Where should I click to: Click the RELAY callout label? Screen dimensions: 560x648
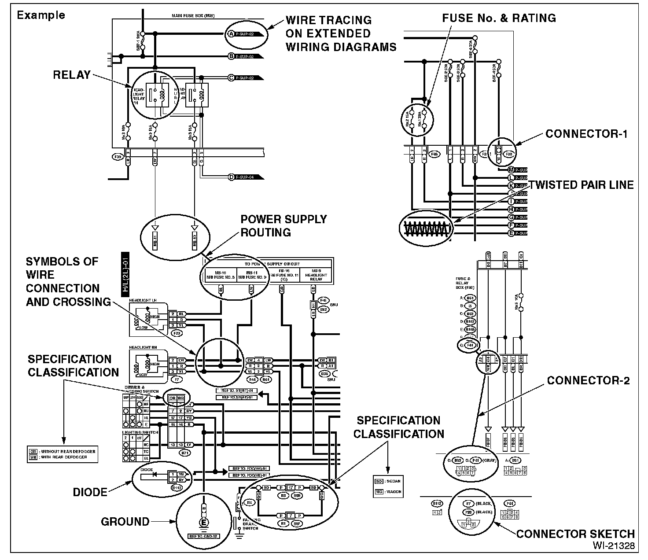[x=71, y=75]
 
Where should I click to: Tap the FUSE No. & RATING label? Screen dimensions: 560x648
[x=499, y=18]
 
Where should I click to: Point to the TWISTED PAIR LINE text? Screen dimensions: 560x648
[x=581, y=185]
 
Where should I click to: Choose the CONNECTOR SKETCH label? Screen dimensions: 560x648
[x=575, y=534]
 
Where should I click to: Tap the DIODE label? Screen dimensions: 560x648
[x=90, y=492]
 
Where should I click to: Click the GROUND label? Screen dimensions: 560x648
[x=125, y=522]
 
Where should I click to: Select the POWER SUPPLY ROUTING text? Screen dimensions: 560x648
[x=283, y=226]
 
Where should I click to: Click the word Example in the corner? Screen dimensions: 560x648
[x=40, y=15]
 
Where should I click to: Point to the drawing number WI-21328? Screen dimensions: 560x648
[x=614, y=546]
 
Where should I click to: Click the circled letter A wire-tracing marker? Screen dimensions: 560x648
[x=231, y=34]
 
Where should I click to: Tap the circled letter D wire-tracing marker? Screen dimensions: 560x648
[x=231, y=177]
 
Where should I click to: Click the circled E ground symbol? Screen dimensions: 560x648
[x=204, y=522]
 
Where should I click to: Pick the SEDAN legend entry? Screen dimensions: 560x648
[x=388, y=481]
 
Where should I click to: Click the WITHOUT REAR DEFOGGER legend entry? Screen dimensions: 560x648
[x=62, y=451]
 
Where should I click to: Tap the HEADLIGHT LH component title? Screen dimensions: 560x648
[x=143, y=300]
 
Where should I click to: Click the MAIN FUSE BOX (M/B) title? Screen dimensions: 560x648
[x=193, y=16]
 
